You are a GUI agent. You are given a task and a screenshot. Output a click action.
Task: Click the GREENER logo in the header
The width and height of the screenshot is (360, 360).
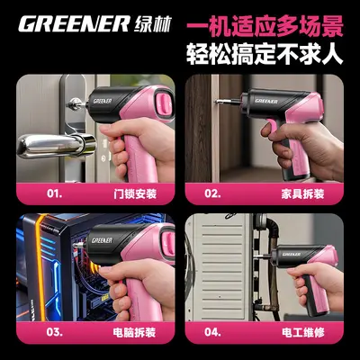tap(74, 24)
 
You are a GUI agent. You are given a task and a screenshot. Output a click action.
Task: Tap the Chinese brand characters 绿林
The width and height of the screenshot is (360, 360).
tap(153, 24)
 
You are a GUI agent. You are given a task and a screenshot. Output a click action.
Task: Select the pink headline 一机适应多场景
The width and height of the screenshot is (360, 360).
tap(265, 27)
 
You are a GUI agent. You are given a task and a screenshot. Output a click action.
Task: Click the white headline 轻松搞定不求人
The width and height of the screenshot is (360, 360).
tap(265, 54)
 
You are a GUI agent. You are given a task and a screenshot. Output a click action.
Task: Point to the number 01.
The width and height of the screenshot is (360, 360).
tap(55, 193)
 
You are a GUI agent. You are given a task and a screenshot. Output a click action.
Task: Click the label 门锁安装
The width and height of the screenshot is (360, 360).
tap(135, 193)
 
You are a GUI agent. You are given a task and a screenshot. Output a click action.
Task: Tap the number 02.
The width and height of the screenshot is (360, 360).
tap(212, 193)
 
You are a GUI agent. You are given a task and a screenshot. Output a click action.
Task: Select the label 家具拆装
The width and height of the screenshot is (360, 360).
tap(302, 193)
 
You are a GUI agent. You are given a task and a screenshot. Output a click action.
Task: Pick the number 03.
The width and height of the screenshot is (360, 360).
tap(55, 332)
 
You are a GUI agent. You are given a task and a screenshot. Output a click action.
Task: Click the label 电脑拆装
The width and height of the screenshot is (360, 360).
tap(134, 332)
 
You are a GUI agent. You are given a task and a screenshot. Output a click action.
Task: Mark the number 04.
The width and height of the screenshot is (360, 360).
tap(212, 332)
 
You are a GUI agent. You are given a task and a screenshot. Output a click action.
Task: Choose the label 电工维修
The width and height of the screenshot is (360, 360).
tap(303, 332)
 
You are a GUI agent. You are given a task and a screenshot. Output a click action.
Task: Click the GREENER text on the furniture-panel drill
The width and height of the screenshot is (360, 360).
tap(266, 101)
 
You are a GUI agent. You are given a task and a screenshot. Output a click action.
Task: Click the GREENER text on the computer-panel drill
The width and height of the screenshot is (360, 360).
tap(103, 240)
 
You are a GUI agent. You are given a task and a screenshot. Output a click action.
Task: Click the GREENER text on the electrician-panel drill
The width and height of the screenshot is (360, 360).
tap(292, 254)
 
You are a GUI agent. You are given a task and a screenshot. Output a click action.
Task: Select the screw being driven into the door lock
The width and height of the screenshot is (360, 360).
tap(75, 104)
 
